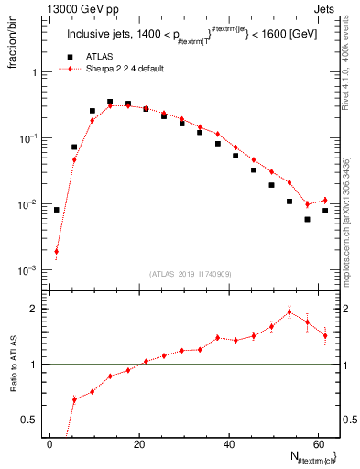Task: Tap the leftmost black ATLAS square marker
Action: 57,210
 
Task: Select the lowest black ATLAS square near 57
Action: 308,219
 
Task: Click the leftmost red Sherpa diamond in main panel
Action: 57,251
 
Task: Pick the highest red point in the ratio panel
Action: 289,311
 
